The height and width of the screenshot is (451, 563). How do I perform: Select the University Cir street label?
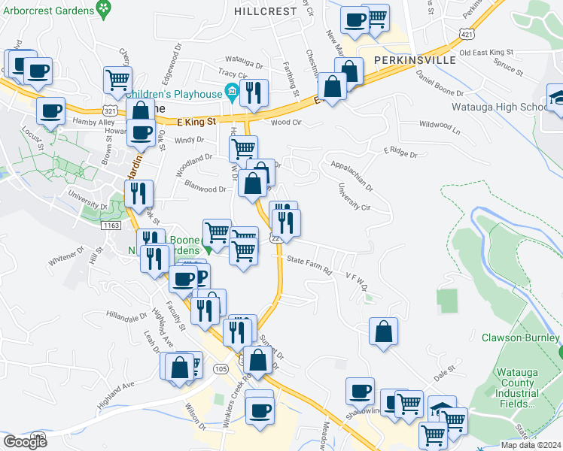pos(355,197)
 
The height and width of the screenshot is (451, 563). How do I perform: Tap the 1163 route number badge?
pos(111,225)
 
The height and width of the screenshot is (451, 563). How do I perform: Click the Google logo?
pos(25,442)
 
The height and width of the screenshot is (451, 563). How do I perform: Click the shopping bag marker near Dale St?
pos(383,332)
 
